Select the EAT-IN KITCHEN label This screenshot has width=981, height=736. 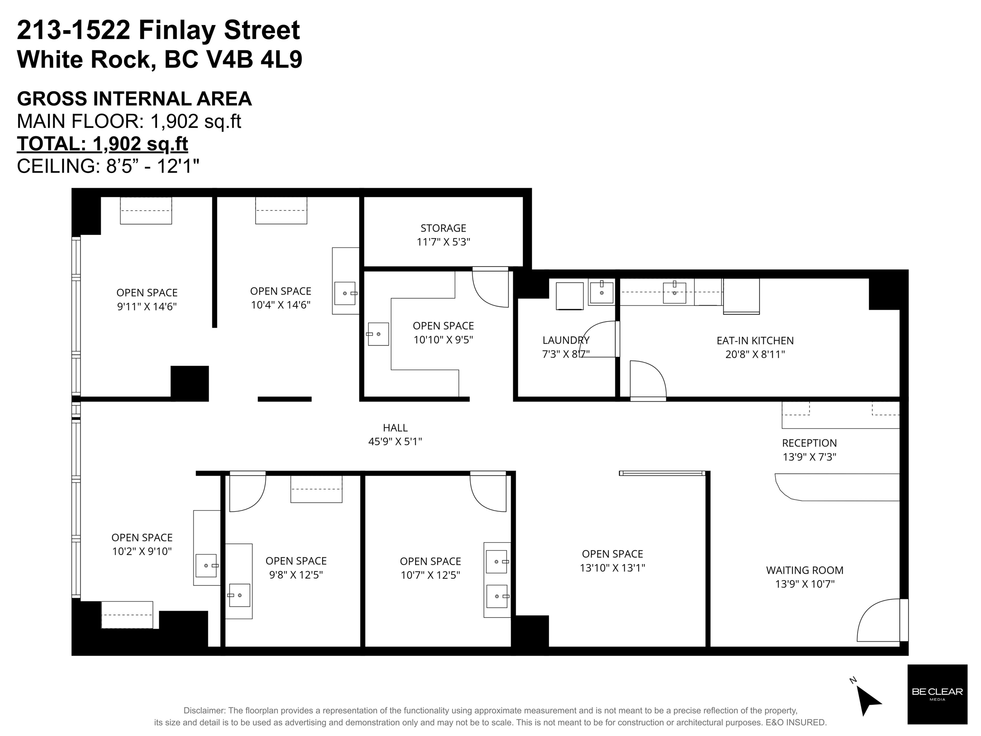click(755, 341)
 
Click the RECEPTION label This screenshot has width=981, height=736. click(809, 443)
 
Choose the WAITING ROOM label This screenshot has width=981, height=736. click(804, 570)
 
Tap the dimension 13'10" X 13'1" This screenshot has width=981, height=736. click(612, 567)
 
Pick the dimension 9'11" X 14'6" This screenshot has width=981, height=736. click(147, 306)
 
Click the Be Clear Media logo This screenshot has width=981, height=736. click(937, 694)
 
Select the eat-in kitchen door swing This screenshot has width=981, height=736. click(648, 379)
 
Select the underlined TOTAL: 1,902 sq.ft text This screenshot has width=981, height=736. click(102, 144)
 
